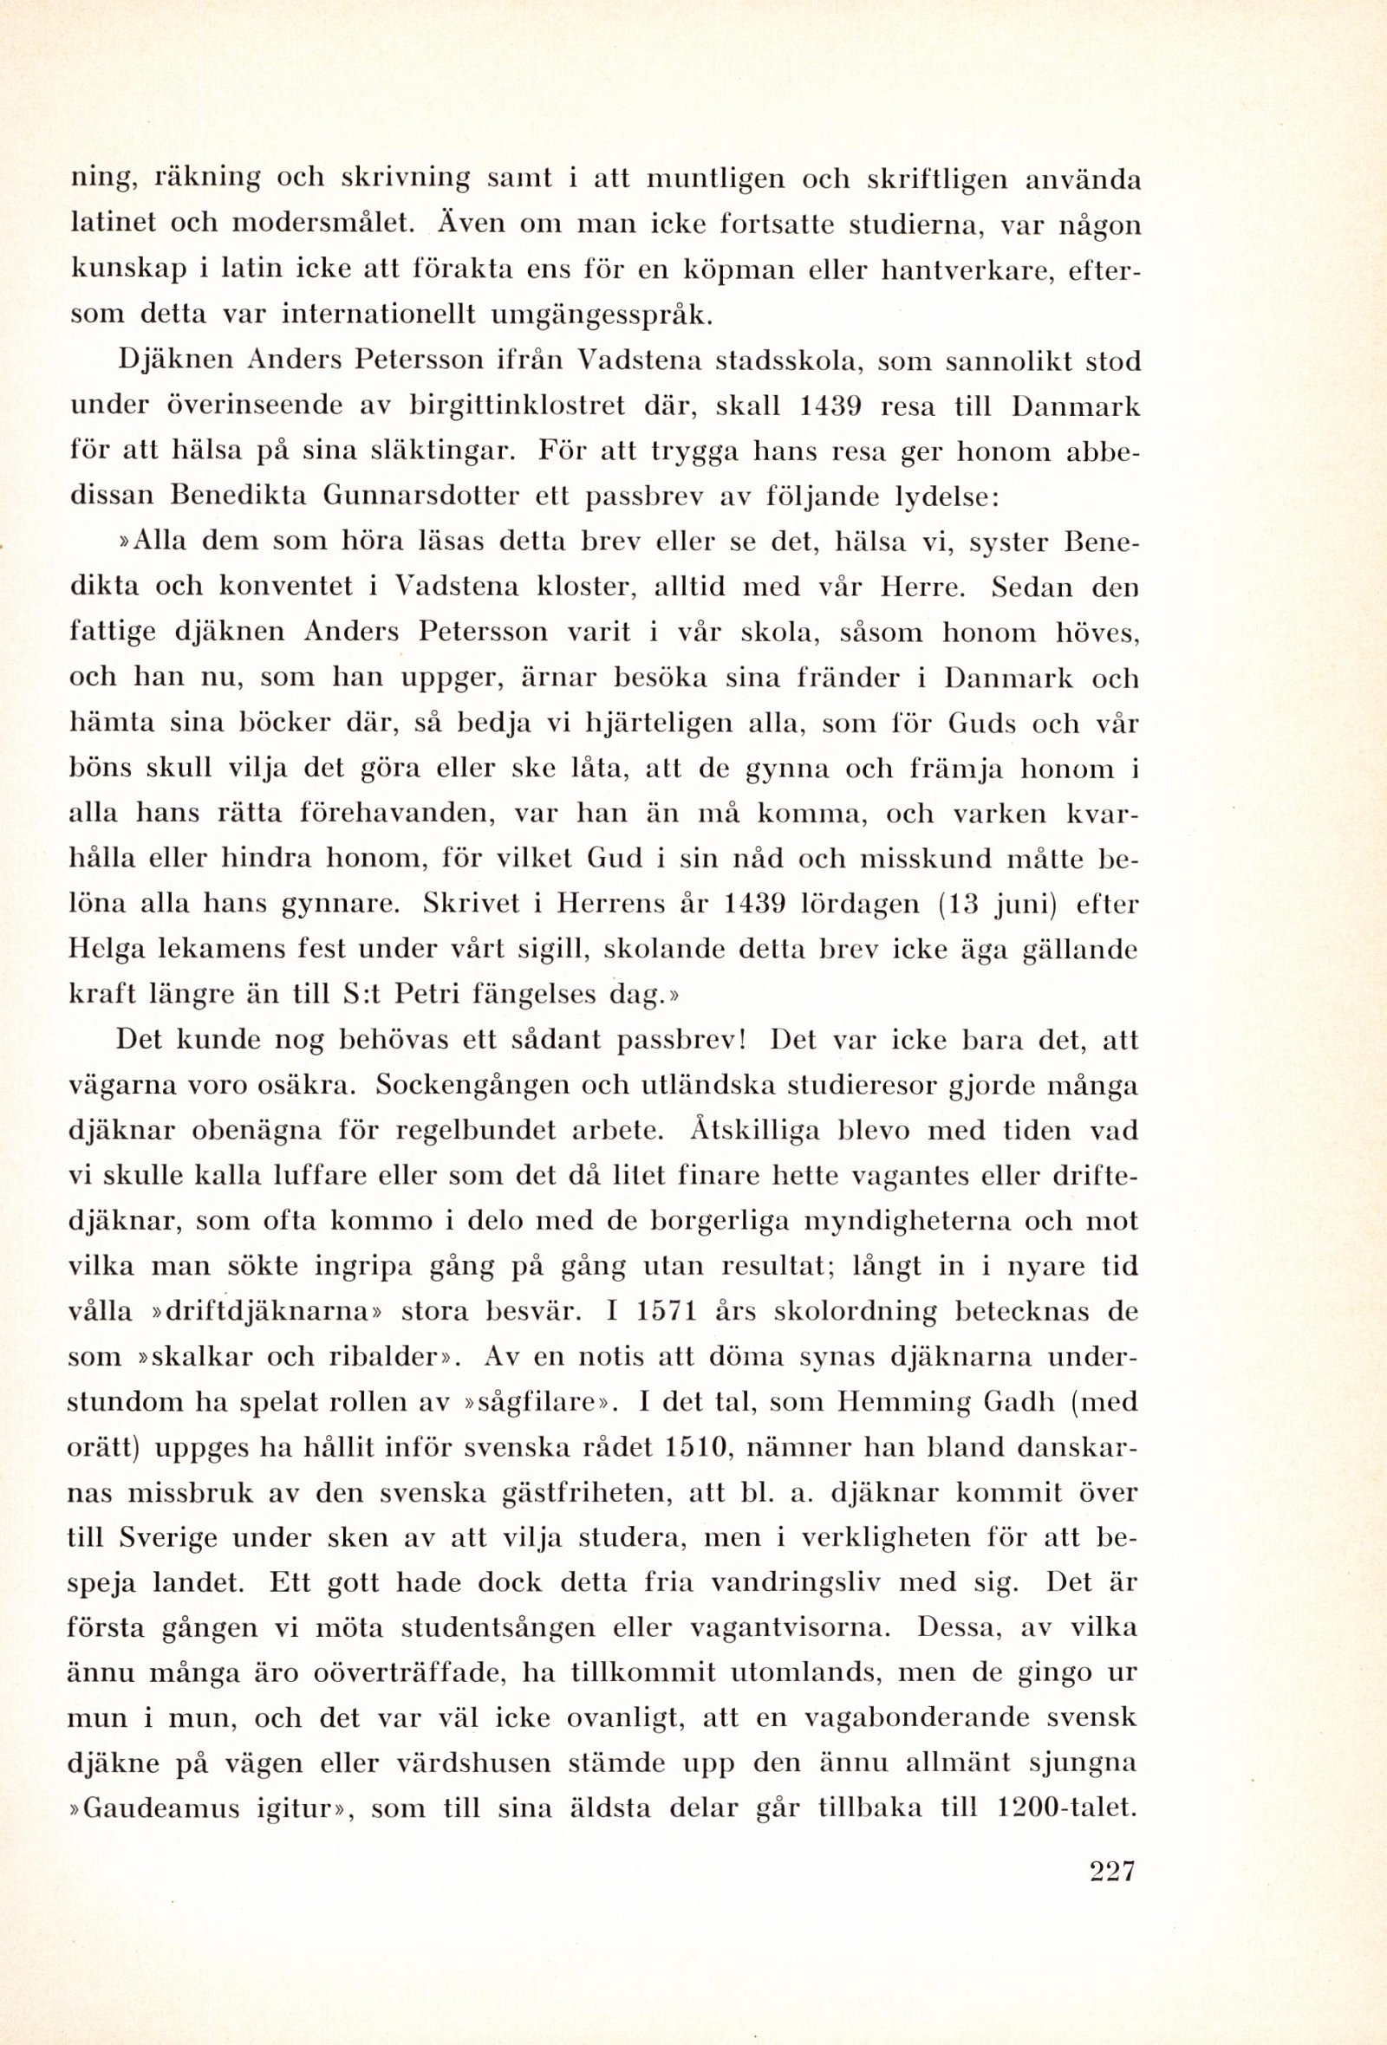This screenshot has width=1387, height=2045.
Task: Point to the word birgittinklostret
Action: coord(518,406)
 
